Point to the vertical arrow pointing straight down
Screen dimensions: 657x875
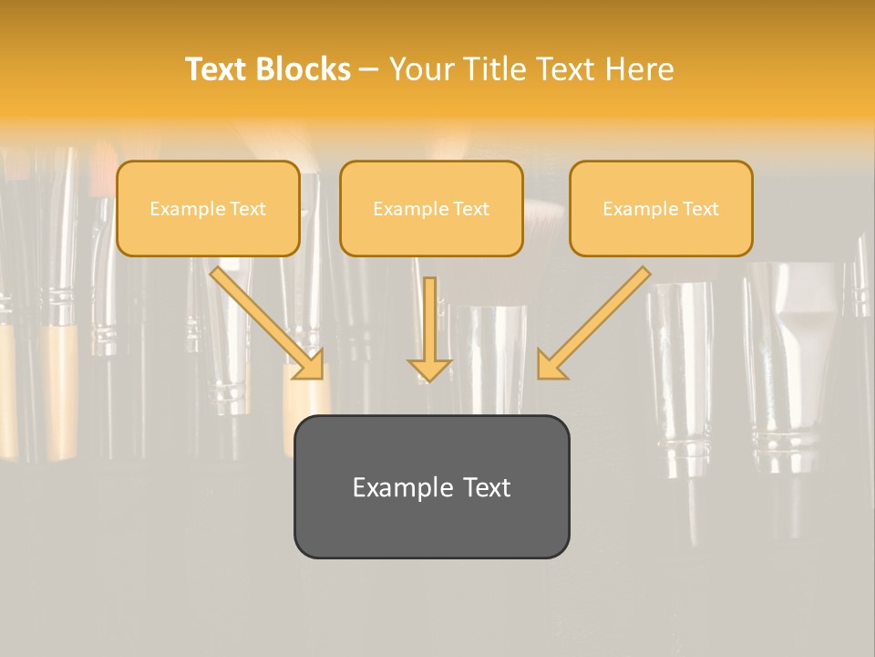pos(429,328)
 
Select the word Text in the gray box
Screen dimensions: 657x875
pos(487,487)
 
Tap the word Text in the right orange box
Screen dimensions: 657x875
pos(701,209)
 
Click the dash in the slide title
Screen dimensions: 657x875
pos(369,69)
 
